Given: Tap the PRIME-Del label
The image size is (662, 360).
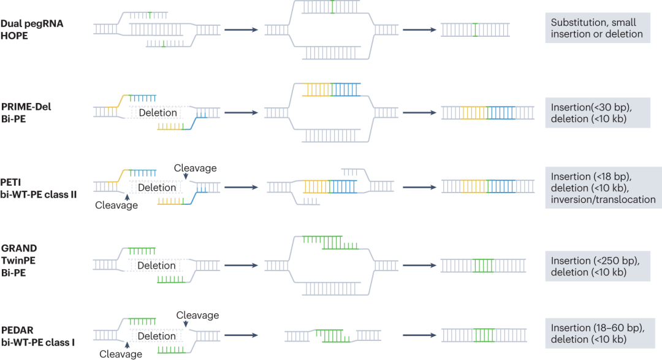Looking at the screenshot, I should pos(26,106).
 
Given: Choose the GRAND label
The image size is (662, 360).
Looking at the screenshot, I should pos(19,248).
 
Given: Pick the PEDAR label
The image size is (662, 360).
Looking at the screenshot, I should pos(18,329).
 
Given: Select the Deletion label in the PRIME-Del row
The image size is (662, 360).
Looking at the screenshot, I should pos(158,113).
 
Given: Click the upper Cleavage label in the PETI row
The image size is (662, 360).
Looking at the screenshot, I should pos(195,167).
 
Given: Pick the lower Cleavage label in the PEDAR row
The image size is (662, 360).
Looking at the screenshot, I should pos(121,354).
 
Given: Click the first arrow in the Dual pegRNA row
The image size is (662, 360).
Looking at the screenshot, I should pos(240,29).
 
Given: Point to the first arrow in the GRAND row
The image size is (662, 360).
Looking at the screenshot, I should pos(240,266).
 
